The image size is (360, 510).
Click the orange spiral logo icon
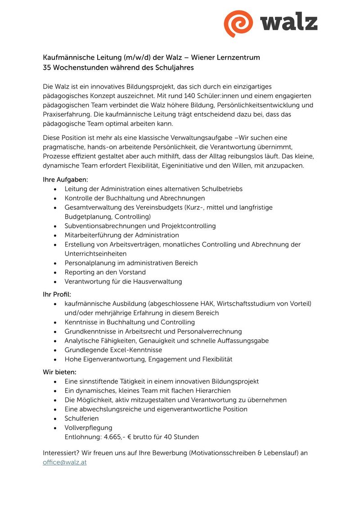point(239,23)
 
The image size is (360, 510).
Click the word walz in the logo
point(288,22)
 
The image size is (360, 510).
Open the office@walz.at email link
point(64,462)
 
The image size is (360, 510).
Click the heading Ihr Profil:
point(57,294)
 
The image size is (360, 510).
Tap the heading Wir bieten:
point(59,372)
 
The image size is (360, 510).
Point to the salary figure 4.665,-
point(115,437)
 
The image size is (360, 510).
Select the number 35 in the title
point(47,68)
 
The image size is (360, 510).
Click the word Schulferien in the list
point(81,419)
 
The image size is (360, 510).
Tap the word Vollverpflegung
point(88,428)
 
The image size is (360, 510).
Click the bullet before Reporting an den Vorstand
point(55,273)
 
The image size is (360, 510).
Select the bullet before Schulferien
point(55,419)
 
